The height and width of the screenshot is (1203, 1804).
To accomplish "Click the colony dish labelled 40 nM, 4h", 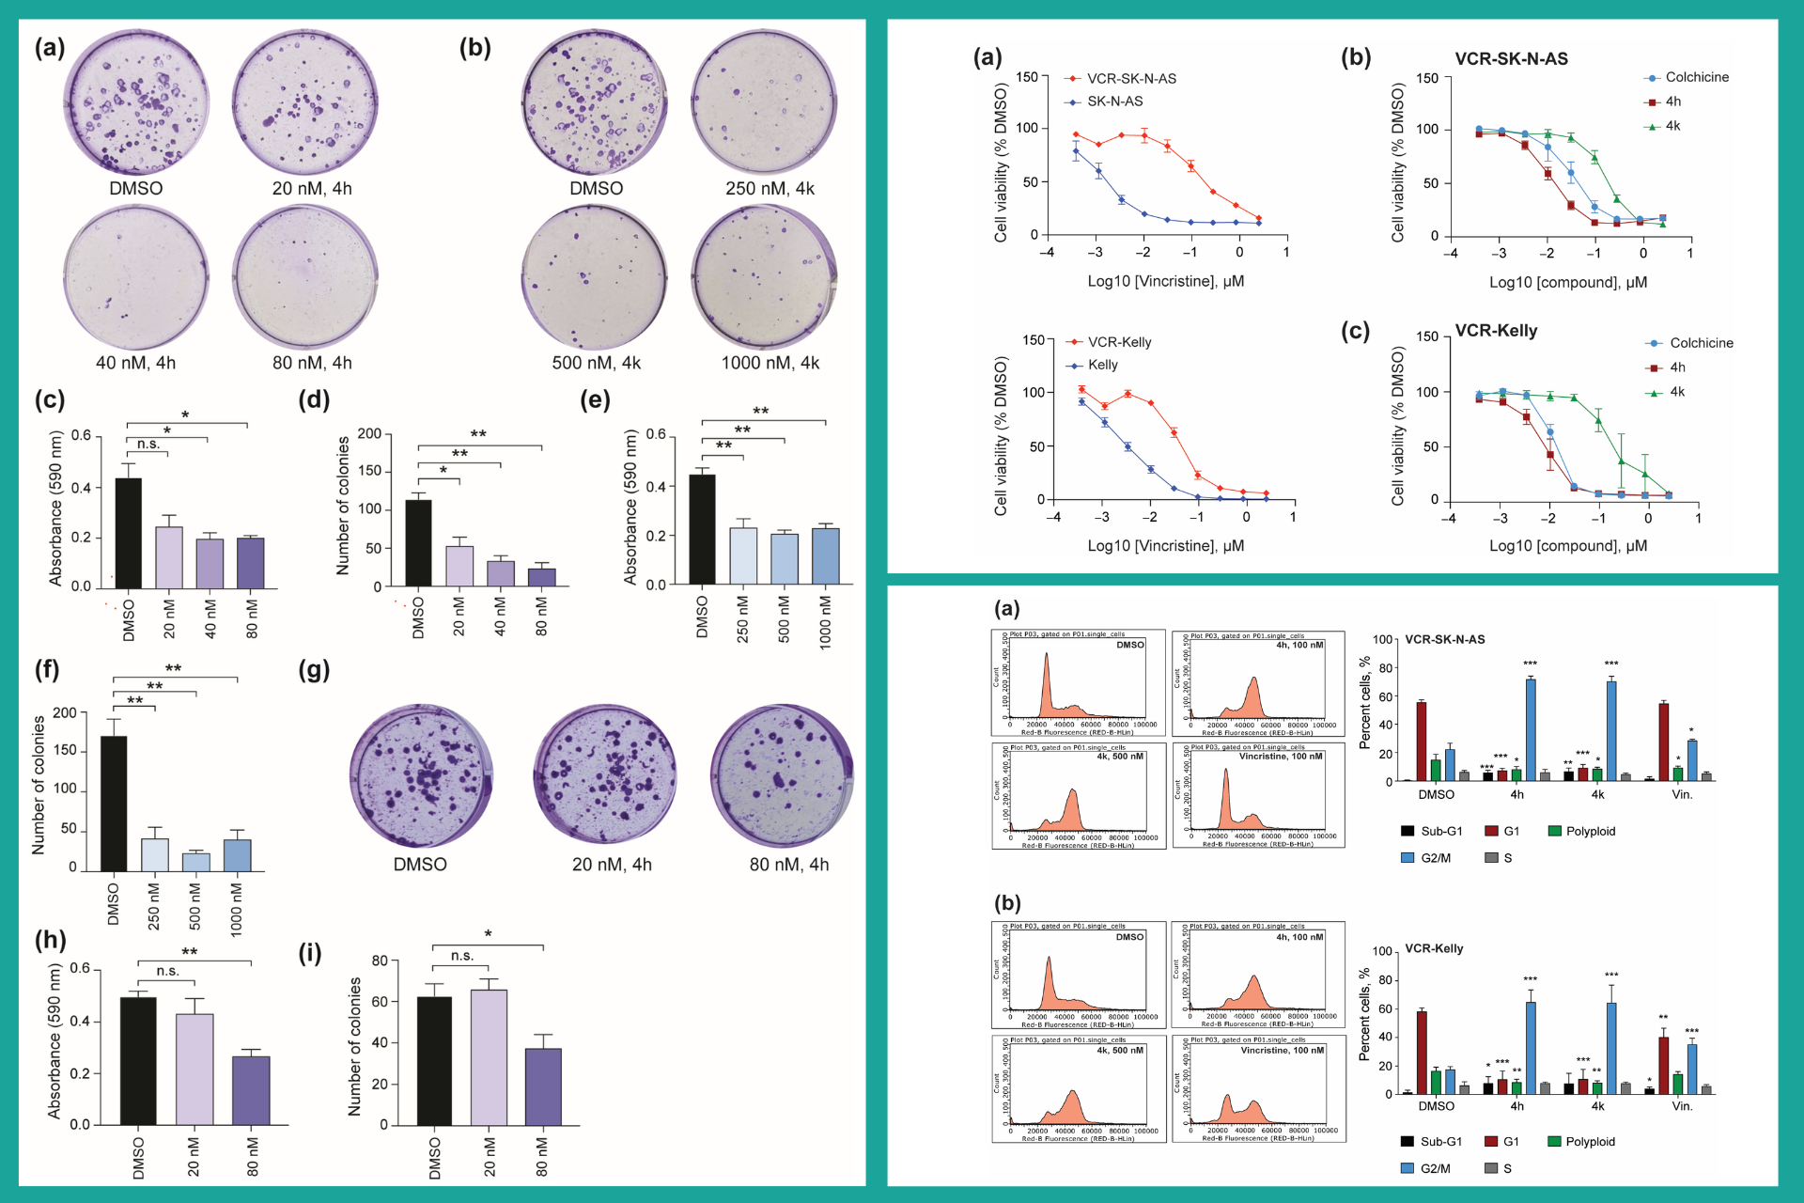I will click(136, 278).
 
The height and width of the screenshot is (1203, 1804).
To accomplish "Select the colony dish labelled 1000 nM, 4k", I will click(764, 278).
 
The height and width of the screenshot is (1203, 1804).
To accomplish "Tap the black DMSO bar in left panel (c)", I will click(129, 533).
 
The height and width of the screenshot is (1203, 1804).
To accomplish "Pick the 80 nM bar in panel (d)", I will click(542, 576).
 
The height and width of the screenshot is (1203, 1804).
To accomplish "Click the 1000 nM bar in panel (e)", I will click(826, 556).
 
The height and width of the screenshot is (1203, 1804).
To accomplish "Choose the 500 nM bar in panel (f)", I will click(195, 862).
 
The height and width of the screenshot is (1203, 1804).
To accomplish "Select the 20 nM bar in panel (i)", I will click(489, 1057).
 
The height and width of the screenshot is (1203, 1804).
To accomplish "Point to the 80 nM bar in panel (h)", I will click(251, 1090).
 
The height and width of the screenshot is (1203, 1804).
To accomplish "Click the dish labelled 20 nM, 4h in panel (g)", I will click(605, 775).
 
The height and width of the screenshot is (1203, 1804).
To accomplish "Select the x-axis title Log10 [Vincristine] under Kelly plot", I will click(1165, 546).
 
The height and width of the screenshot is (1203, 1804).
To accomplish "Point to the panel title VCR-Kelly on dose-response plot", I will click(1496, 331).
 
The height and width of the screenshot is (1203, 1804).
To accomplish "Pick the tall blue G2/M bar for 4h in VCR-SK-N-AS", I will click(1531, 729).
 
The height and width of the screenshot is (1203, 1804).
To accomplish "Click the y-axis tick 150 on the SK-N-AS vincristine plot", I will click(1027, 77).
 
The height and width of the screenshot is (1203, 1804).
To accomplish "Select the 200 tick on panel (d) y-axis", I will click(369, 433).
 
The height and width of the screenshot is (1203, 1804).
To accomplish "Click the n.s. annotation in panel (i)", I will click(462, 956).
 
